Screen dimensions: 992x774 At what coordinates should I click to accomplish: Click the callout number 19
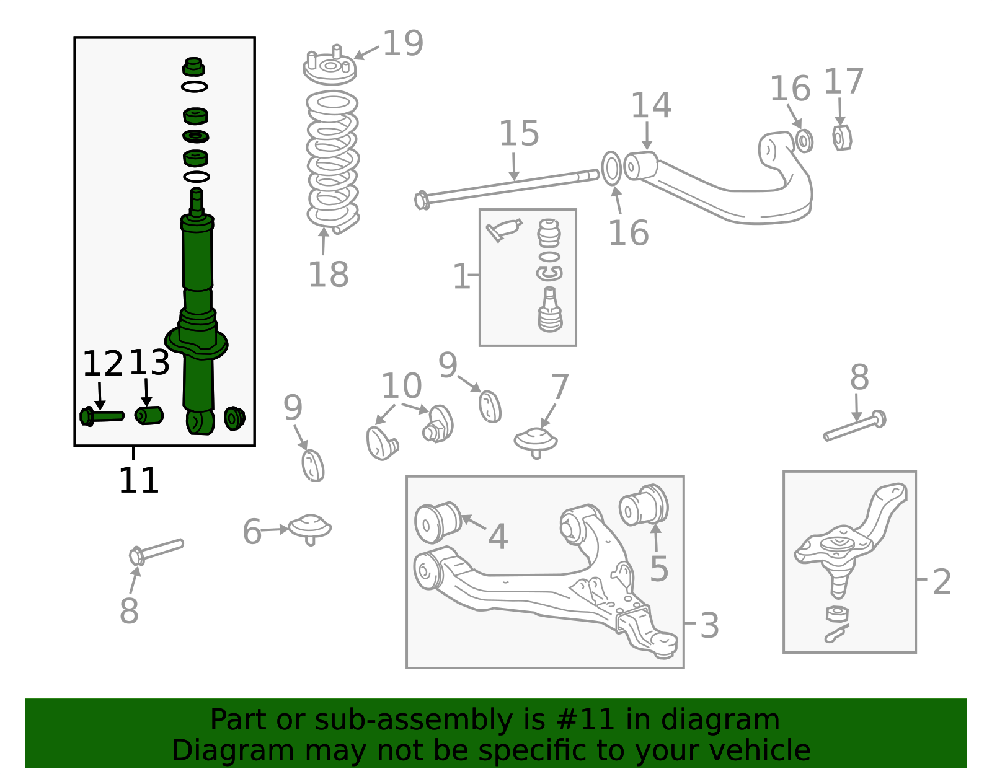[x=403, y=43]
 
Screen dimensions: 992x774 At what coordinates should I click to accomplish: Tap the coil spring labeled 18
[x=332, y=162]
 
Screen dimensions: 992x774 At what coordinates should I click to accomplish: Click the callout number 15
[x=519, y=134]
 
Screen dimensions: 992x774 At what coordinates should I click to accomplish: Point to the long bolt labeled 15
[x=507, y=189]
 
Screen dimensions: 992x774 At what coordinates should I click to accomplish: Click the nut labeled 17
[x=841, y=138]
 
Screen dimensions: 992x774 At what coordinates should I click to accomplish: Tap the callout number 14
[x=651, y=105]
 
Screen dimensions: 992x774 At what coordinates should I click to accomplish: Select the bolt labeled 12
[x=101, y=416]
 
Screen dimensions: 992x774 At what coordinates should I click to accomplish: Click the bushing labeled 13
[x=149, y=415]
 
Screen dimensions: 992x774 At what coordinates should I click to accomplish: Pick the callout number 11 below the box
[x=139, y=481]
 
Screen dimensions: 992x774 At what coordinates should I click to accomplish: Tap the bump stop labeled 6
[x=309, y=529]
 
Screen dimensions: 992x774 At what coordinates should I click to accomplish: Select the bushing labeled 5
[x=644, y=505]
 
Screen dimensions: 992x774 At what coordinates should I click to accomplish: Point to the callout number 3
[x=709, y=626]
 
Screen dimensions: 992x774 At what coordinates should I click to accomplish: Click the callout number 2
[x=942, y=581]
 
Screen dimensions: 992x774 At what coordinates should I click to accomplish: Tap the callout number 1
[x=461, y=276]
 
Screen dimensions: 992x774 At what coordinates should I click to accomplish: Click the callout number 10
[x=401, y=386]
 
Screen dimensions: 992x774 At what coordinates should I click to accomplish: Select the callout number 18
[x=328, y=275]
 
